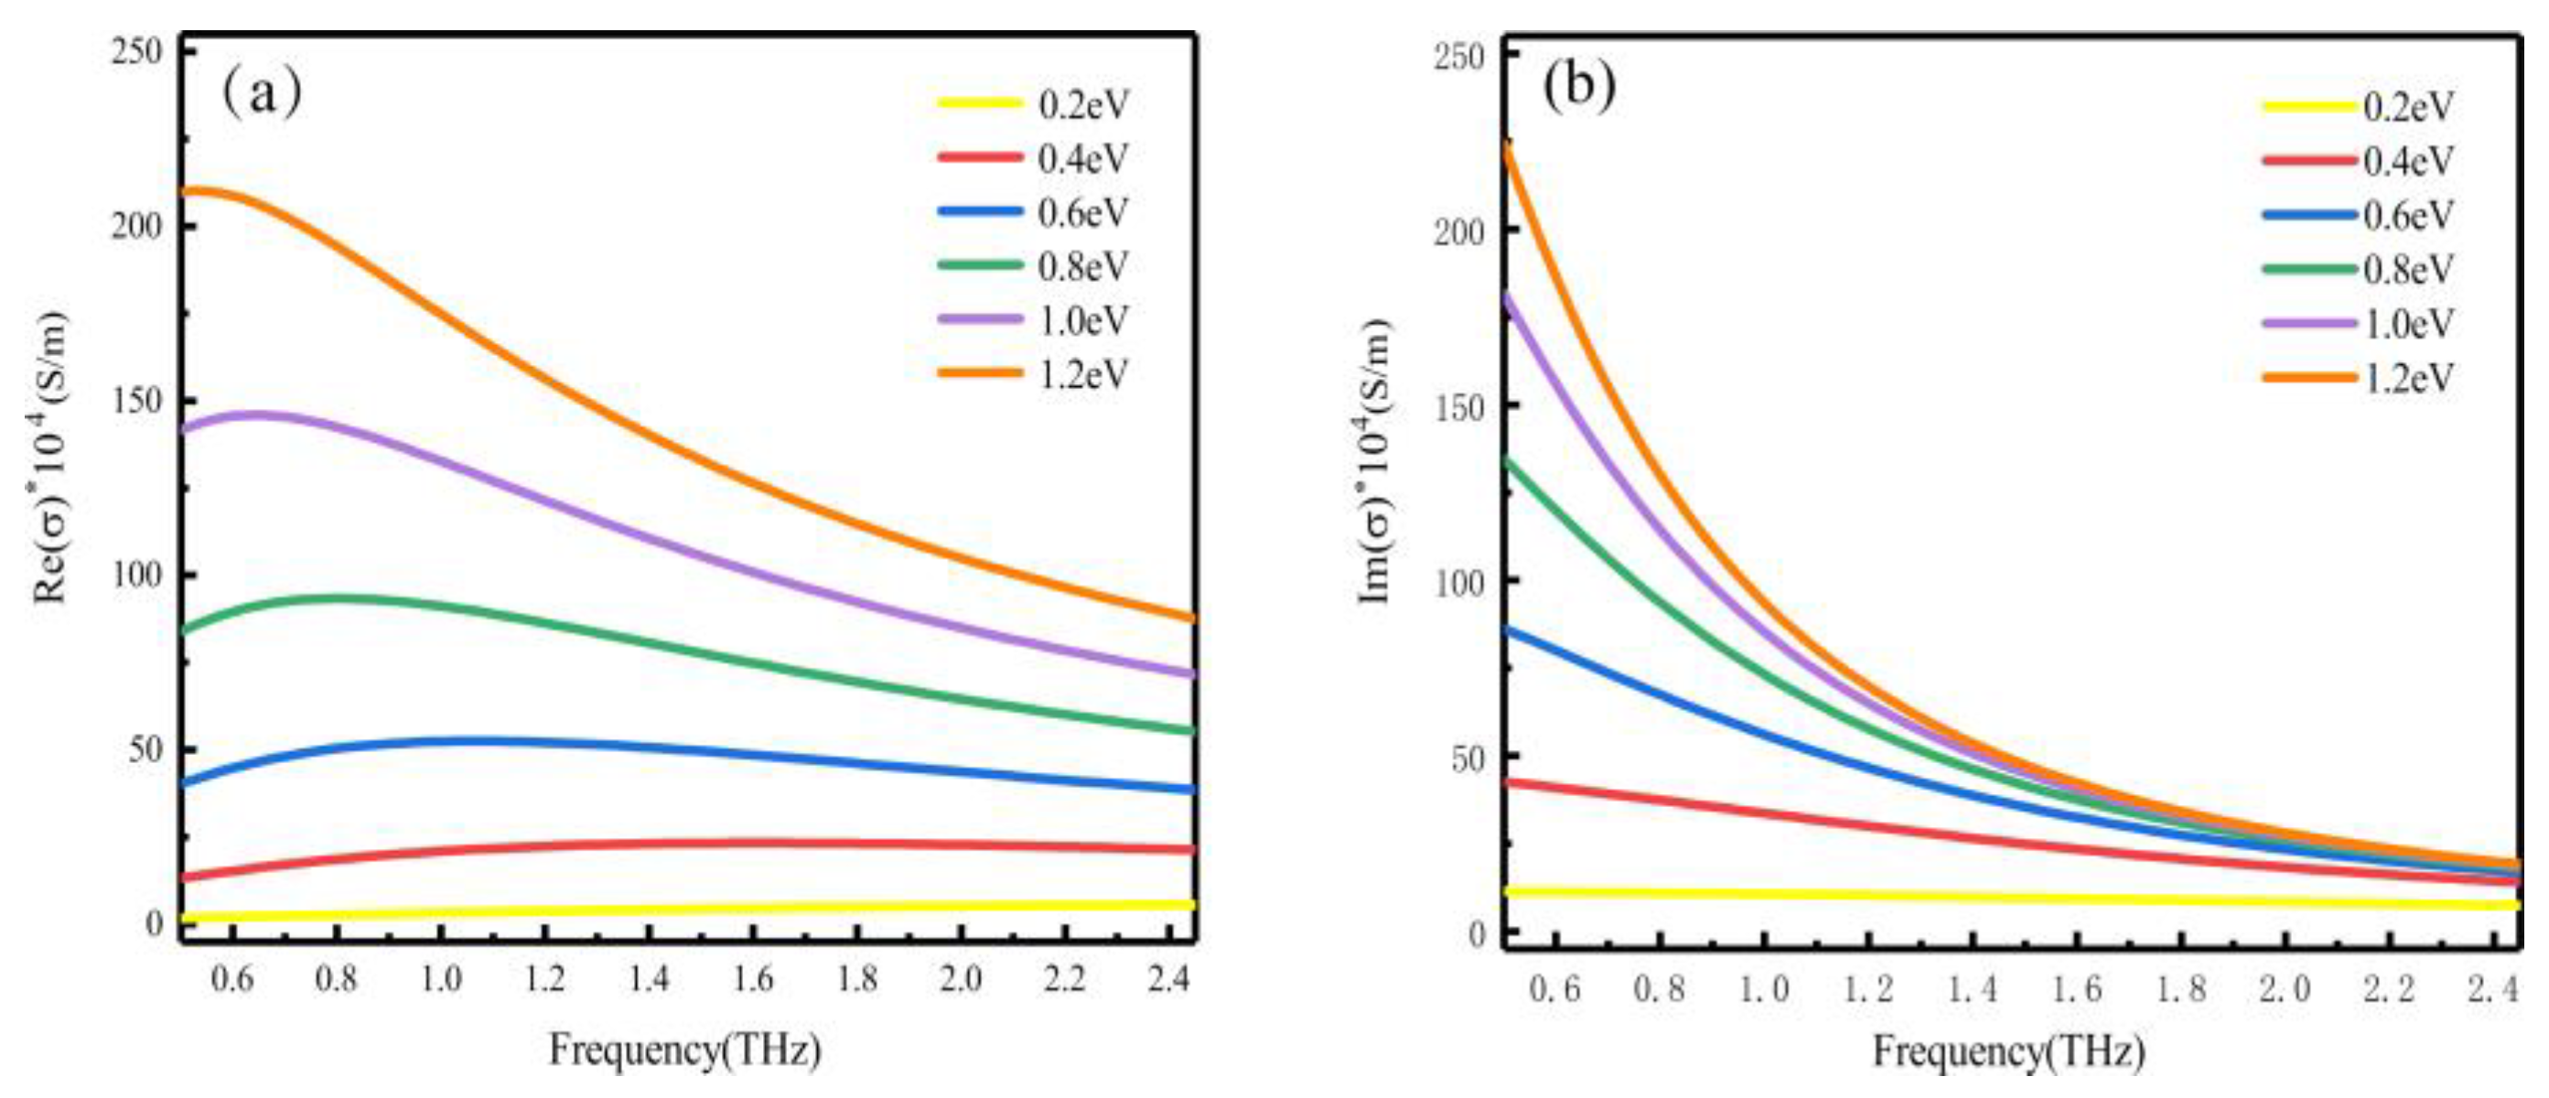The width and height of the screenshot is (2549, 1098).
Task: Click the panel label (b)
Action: [1579, 87]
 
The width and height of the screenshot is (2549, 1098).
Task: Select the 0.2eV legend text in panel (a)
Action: [1083, 105]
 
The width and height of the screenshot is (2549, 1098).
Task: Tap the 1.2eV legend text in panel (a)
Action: [1083, 374]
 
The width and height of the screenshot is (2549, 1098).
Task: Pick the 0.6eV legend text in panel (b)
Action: [2408, 215]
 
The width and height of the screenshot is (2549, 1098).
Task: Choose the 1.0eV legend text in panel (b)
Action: [2408, 324]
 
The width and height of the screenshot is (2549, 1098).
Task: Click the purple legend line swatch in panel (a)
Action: [980, 319]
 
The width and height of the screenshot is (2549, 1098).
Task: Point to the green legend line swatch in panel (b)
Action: [2309, 269]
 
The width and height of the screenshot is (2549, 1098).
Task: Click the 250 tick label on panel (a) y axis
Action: [137, 51]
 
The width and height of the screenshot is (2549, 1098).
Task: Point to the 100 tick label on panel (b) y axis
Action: [1460, 583]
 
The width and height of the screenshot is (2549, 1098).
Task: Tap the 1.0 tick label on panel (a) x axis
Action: [440, 979]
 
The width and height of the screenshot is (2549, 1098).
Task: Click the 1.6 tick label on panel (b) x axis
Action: [2077, 989]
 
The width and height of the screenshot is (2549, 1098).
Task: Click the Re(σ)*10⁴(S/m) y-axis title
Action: [51, 457]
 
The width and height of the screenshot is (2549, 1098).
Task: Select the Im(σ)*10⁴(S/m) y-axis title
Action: [1376, 461]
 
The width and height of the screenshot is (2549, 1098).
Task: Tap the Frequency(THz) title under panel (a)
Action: [684, 1050]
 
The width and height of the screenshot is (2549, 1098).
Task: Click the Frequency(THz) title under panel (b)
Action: [2008, 1052]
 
